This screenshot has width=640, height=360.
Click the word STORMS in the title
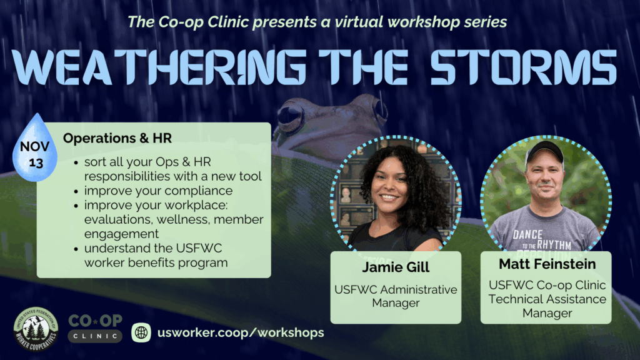tap(524, 67)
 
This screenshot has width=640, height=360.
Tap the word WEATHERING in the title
tap(159, 67)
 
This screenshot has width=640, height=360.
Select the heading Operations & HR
tap(117, 138)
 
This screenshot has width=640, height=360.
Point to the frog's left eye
tap(290, 114)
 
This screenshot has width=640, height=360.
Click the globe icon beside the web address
tap(141, 332)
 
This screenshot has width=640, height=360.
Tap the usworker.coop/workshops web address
tap(241, 332)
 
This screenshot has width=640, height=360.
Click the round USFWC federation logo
tap(36, 329)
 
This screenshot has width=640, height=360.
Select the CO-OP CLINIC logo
tap(95, 328)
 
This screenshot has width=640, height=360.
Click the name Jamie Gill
tap(396, 267)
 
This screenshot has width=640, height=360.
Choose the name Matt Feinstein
tap(547, 264)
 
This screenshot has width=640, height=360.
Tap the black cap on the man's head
tap(544, 151)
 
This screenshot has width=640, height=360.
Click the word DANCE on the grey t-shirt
tap(527, 235)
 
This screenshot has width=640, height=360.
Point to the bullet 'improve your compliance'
tap(158, 191)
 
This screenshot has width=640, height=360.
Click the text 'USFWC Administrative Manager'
tap(396, 296)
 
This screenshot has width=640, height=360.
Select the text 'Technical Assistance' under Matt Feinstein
tap(547, 299)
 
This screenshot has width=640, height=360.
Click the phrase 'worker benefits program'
tap(156, 262)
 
